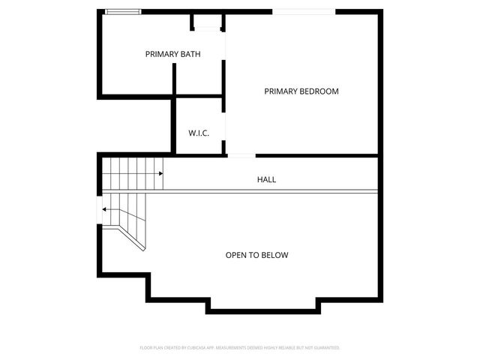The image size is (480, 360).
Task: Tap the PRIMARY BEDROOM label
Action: coord(301,91)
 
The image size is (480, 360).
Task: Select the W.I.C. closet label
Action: coord(198,133)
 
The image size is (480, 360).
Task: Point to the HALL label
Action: coord(266,180)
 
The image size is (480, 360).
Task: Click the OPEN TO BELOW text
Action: coord(256,255)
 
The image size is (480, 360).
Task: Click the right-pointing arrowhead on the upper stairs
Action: coord(160,174)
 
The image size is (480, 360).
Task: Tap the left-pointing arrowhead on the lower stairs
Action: coord(105,209)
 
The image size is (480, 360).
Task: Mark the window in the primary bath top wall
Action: coord(121,11)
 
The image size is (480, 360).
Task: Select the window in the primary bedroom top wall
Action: coord(303,11)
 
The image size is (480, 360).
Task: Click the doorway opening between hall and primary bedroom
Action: coord(241,155)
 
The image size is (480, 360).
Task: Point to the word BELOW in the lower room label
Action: coord(274,255)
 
